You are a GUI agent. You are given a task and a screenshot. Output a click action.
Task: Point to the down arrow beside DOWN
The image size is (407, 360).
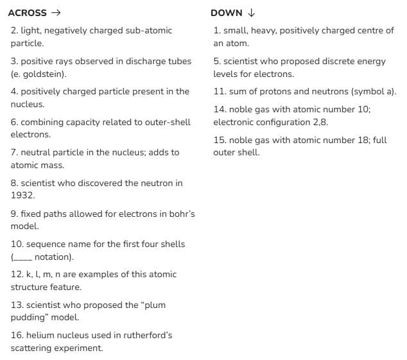[x=251, y=13]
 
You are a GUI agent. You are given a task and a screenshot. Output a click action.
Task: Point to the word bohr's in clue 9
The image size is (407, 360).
[x=182, y=214]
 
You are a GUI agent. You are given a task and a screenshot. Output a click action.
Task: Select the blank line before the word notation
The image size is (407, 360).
[x=22, y=257]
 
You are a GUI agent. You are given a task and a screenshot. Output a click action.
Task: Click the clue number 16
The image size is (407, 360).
[x=16, y=335]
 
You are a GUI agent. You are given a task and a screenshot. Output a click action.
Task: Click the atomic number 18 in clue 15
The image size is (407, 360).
[x=365, y=140]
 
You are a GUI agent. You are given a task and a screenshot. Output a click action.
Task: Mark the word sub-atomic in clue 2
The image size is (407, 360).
[x=151, y=30]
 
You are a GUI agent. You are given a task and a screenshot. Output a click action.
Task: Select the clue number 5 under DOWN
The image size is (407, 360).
[x=216, y=61]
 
